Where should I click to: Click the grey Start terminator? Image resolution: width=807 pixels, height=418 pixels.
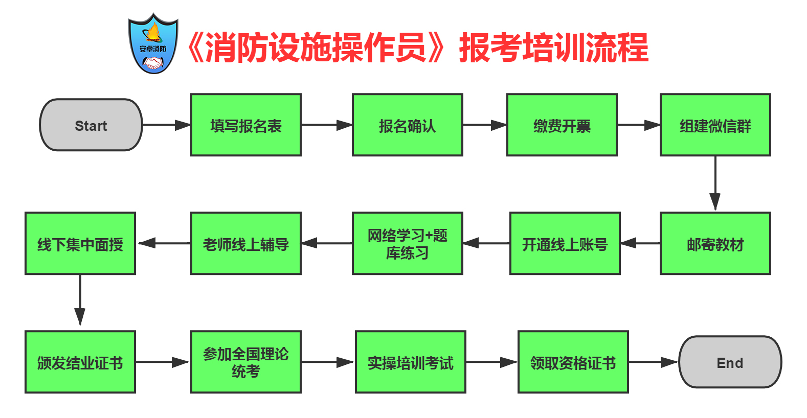pyautogui.click(x=91, y=125)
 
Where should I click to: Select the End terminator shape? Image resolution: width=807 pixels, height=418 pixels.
pyautogui.click(x=730, y=362)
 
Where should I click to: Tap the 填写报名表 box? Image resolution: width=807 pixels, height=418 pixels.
pyautogui.click(x=245, y=125)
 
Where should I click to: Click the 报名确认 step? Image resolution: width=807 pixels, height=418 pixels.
pyautogui.click(x=408, y=125)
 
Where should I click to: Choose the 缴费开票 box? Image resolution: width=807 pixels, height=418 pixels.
pyautogui.click(x=562, y=125)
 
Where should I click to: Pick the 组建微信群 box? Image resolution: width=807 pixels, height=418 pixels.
pyautogui.click(x=715, y=125)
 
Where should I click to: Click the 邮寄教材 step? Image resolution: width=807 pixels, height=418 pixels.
pyautogui.click(x=715, y=243)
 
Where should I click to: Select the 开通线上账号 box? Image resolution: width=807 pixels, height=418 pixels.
pyautogui.click(x=565, y=243)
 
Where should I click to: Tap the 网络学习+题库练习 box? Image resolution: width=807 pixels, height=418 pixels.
pyautogui.click(x=408, y=243)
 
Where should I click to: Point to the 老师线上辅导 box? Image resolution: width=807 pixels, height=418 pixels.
pyautogui.click(x=245, y=243)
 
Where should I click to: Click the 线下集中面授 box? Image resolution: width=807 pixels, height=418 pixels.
pyautogui.click(x=80, y=243)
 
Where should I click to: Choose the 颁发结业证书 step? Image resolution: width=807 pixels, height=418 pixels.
pyautogui.click(x=80, y=362)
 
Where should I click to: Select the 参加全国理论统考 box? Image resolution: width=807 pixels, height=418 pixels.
pyautogui.click(x=245, y=362)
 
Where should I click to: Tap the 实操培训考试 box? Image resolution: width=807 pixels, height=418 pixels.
pyautogui.click(x=411, y=362)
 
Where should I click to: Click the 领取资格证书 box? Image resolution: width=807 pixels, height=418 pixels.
pyautogui.click(x=573, y=362)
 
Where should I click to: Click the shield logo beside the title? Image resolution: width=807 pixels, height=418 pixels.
pyautogui.click(x=153, y=43)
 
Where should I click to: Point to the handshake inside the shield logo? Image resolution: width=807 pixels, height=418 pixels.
pyautogui.click(x=153, y=63)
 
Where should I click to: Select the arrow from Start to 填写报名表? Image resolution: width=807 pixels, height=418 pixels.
pyautogui.click(x=167, y=125)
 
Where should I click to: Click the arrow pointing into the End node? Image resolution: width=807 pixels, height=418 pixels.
pyautogui.click(x=654, y=362)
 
